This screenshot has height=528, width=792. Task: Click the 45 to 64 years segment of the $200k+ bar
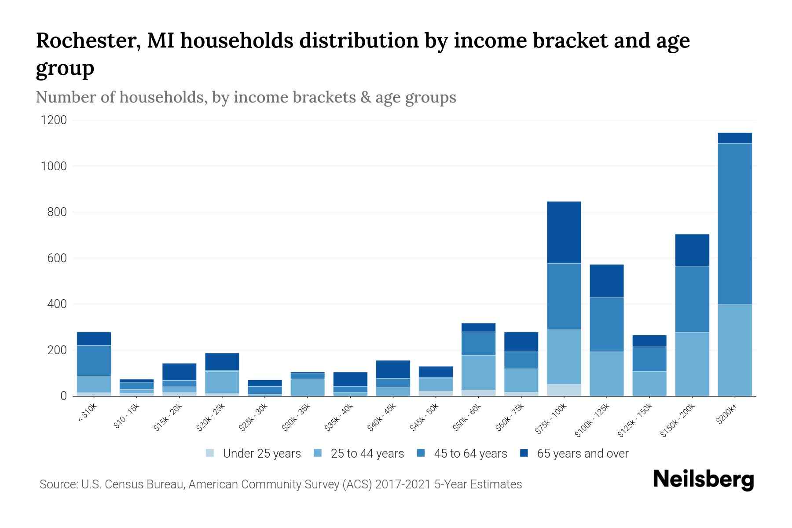pos(734,224)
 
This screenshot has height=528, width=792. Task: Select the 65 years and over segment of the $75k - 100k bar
pos(564,232)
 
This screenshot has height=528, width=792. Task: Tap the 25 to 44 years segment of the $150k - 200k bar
pos(692,364)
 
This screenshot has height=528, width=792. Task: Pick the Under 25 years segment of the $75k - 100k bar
pos(564,390)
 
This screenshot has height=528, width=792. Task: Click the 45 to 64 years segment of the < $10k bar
pos(94,360)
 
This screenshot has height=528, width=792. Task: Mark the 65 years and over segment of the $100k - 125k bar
pos(606,280)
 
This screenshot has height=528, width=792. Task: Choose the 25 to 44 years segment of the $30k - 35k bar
pos(307,387)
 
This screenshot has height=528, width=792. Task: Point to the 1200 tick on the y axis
pos(54,120)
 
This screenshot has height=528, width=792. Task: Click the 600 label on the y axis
pos(57,258)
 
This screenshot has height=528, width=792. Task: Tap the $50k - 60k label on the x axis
pos(467,418)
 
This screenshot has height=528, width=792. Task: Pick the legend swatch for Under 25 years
pos(210,453)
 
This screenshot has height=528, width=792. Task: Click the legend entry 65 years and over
pos(582,454)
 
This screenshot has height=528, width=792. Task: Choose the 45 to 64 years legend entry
pos(470,454)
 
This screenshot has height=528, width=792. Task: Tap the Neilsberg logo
pos(703,480)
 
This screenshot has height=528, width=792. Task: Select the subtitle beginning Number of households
pos(246,97)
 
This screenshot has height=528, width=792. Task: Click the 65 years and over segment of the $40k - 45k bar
pos(393,369)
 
